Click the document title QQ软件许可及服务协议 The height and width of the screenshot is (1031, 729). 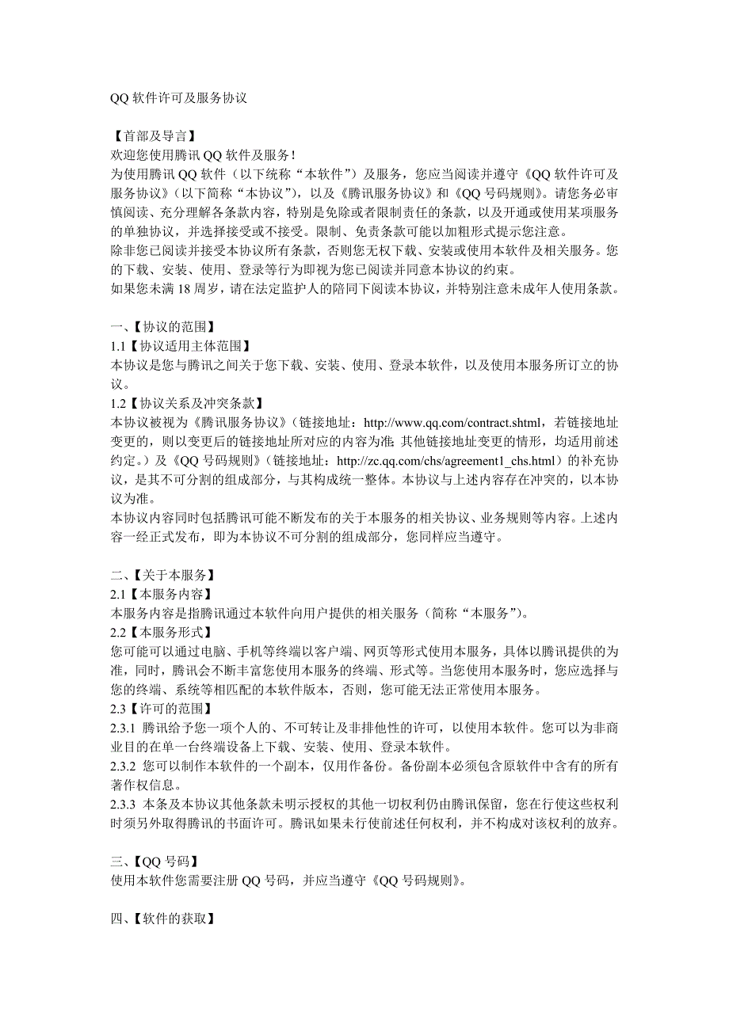pos(179,99)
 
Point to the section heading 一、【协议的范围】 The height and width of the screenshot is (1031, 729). pos(163,325)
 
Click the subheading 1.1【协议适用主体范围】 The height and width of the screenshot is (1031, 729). pos(181,345)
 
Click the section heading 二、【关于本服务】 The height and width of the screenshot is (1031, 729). pos(163,574)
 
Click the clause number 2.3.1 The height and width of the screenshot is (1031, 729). pos(124,727)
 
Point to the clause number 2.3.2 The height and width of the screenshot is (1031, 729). pos(124,766)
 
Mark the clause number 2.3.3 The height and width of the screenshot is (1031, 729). pos(124,804)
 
